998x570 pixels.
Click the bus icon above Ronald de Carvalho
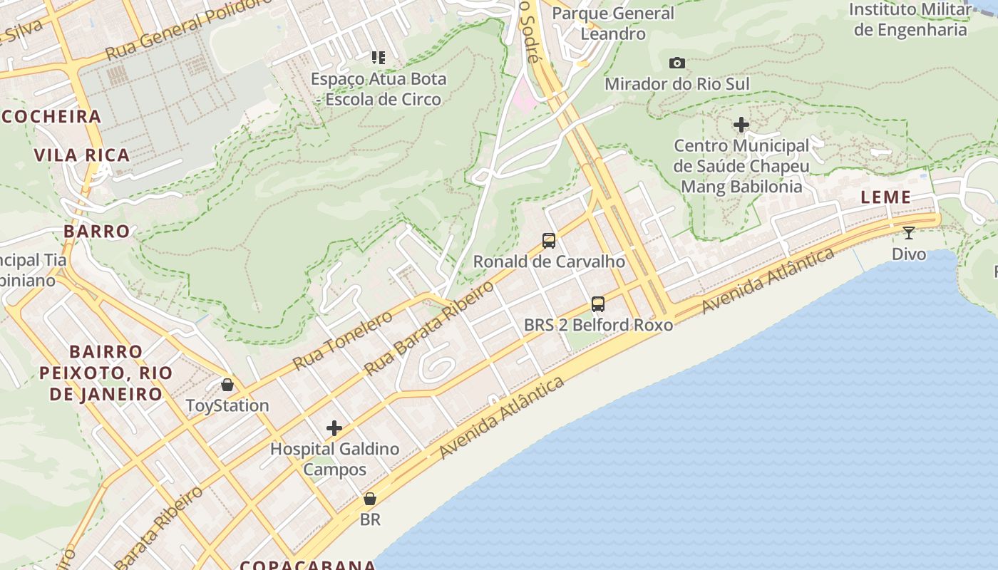549,241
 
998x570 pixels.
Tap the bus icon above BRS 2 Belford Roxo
598,304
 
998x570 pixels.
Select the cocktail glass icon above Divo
909,233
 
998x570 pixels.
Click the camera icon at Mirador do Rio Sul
677,63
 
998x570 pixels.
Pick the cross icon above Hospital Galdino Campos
334,428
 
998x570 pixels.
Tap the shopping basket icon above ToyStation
227,385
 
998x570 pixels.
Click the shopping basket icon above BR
370,499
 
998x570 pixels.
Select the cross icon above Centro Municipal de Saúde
741,125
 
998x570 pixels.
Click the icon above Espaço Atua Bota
378,58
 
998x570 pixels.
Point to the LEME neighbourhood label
886,197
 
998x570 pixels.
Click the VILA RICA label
82,155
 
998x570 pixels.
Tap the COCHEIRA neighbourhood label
51,117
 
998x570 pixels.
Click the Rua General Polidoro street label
188,28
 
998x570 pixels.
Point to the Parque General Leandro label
613,23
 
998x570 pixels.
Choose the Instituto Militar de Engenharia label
910,19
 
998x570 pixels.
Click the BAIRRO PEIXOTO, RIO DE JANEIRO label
106,373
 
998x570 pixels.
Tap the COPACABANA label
308,565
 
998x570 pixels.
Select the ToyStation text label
227,405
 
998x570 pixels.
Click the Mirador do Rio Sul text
677,84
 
